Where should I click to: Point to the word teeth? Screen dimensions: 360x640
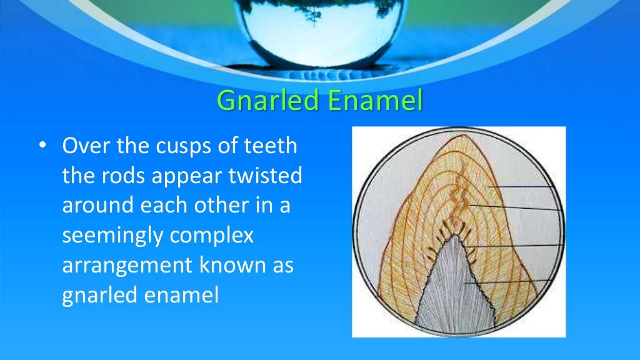tap(269, 149)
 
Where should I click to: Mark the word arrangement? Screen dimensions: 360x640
tap(127, 266)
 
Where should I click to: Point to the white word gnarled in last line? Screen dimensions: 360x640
tap(101, 294)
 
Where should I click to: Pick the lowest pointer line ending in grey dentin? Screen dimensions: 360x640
tap(506, 282)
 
